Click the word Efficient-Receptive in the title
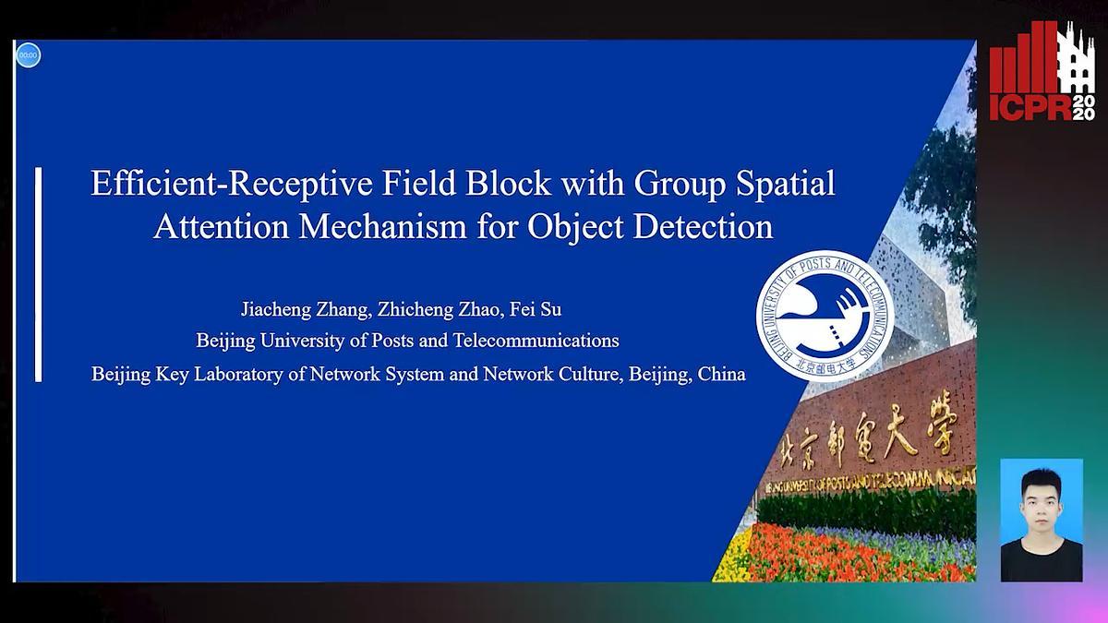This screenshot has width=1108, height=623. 219,184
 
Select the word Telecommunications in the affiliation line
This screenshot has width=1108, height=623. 536,341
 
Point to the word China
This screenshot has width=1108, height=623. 721,375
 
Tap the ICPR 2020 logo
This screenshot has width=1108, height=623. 1042,72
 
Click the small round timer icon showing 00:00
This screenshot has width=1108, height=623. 28,55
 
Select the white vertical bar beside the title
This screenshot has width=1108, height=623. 39,274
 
